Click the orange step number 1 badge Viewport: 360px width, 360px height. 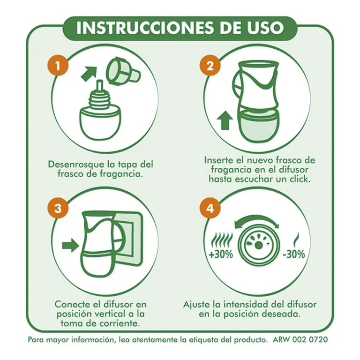[x=58, y=66]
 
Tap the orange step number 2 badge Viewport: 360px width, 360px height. [x=210, y=66]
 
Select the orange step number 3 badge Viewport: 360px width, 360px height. [x=58, y=209]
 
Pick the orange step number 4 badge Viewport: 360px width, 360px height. [x=210, y=209]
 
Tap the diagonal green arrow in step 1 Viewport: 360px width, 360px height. [x=90, y=73]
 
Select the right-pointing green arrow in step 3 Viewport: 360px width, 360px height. [x=70, y=245]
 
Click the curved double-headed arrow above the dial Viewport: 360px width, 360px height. [x=256, y=221]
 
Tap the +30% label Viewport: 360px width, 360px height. [x=221, y=254]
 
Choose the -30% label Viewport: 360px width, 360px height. [x=293, y=254]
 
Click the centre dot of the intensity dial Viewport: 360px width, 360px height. [x=259, y=246]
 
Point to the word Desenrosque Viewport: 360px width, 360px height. [x=76, y=165]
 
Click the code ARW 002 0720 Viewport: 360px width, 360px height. [x=300, y=339]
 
